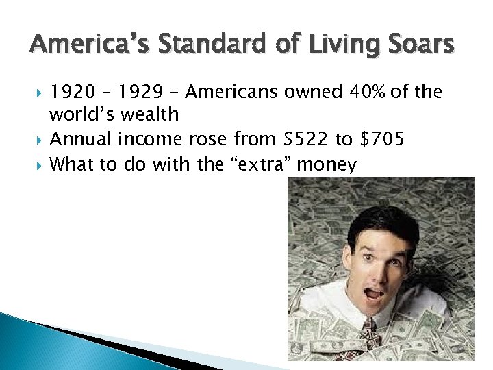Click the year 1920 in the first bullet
point(71,92)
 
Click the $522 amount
point(305,140)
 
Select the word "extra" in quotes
point(253,164)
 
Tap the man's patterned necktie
point(369,334)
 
